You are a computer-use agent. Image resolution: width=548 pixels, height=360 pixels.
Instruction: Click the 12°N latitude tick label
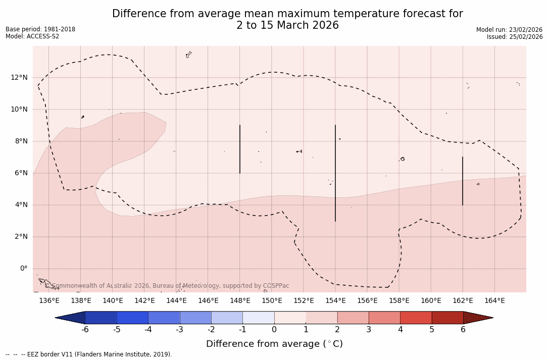[x=18, y=77]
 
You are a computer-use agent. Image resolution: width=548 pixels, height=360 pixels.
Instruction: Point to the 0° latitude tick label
[x=23, y=269]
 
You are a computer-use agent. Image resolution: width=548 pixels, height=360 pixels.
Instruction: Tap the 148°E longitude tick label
[x=240, y=301]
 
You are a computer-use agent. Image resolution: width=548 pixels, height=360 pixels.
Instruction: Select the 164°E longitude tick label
[x=494, y=301]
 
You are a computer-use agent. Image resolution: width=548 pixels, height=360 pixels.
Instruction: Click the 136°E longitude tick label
[x=49, y=301]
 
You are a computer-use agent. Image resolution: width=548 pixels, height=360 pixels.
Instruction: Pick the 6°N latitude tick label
[x=20, y=173]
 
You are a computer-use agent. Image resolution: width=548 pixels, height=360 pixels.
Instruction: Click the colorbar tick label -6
[x=85, y=330]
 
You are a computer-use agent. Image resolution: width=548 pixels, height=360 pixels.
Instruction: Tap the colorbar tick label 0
[x=274, y=330]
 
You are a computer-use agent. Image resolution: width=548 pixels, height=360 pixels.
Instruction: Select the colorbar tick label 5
[x=432, y=330]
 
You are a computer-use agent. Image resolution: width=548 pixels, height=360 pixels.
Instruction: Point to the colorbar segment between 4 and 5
[x=416, y=318]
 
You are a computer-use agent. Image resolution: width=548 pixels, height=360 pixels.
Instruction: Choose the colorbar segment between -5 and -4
[x=132, y=318]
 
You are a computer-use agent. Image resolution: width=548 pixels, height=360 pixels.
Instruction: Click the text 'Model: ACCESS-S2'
[x=32, y=36]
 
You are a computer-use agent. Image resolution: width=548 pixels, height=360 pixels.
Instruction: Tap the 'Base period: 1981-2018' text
[x=40, y=29]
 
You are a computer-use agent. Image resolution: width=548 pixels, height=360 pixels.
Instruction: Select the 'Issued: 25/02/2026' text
[x=515, y=37]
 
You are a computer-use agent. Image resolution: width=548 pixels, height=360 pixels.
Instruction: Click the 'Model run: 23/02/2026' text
[x=509, y=30]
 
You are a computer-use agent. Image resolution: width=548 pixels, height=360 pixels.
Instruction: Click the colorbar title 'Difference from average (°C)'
[x=274, y=344]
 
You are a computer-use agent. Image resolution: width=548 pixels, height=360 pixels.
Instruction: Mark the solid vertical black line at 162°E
[x=463, y=181]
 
